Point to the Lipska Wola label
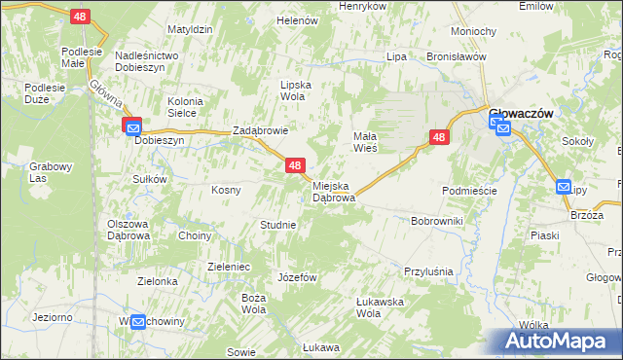pyautogui.click(x=295, y=90)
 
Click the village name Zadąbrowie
pyautogui.click(x=260, y=130)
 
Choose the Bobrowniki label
pyautogui.click(x=437, y=222)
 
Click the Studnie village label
pyautogui.click(x=277, y=225)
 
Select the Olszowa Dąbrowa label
pyautogui.click(x=128, y=230)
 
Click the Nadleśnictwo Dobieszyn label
pyautogui.click(x=147, y=62)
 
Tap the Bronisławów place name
pyautogui.click(x=456, y=56)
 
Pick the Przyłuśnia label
pyautogui.click(x=429, y=271)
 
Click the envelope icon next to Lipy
pyautogui.click(x=564, y=188)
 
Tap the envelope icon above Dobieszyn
pyautogui.click(x=132, y=126)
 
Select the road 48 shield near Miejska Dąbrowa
pyautogui.click(x=296, y=167)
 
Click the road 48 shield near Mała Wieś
pyautogui.click(x=439, y=138)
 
